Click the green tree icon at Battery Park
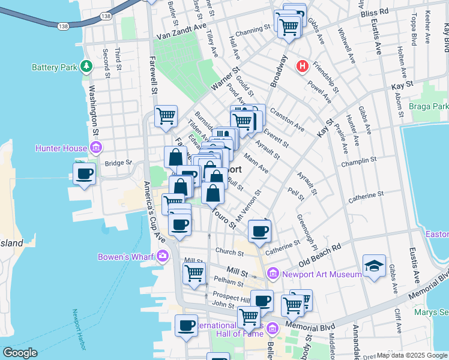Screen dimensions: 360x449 click(x=86, y=65)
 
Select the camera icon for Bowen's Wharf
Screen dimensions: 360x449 click(x=163, y=257)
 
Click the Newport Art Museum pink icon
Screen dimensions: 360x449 click(x=273, y=274)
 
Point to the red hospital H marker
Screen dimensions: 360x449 click(x=303, y=65)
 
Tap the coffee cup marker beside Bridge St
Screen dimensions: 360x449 click(x=85, y=174)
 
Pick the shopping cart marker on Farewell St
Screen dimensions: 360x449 click(x=166, y=116)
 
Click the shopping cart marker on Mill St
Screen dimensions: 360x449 click(x=194, y=273)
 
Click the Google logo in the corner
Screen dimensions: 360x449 click(x=20, y=353)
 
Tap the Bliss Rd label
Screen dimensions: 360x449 click(x=376, y=11)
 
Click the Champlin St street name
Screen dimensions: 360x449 click(x=358, y=161)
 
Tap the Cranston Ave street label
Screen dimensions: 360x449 click(x=287, y=120)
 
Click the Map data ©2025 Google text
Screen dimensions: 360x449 click(x=412, y=355)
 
